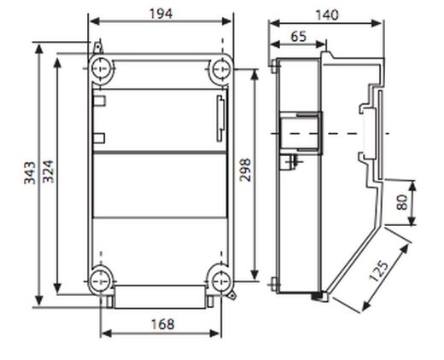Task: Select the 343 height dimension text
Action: click(x=29, y=176)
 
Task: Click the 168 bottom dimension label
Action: click(x=161, y=323)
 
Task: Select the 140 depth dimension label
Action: click(x=326, y=15)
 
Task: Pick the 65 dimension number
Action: click(x=299, y=36)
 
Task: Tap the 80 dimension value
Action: click(x=401, y=203)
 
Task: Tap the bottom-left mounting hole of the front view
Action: click(x=101, y=276)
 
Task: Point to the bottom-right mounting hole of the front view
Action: click(x=222, y=276)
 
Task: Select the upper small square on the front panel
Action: click(x=100, y=102)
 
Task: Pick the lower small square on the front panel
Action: click(x=100, y=136)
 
